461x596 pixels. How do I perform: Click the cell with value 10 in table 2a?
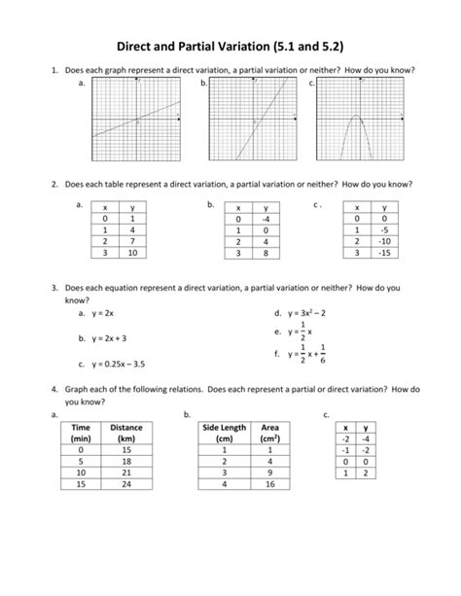click(132, 253)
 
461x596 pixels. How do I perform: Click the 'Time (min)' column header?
click(81, 433)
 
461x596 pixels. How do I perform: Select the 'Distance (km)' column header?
click(125, 433)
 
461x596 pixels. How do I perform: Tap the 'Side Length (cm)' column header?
click(223, 433)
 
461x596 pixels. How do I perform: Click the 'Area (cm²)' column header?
click(269, 433)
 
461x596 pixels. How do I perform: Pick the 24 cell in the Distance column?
click(125, 483)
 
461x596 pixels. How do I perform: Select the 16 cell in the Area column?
click(269, 483)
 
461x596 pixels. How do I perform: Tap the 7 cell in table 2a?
click(132, 241)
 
